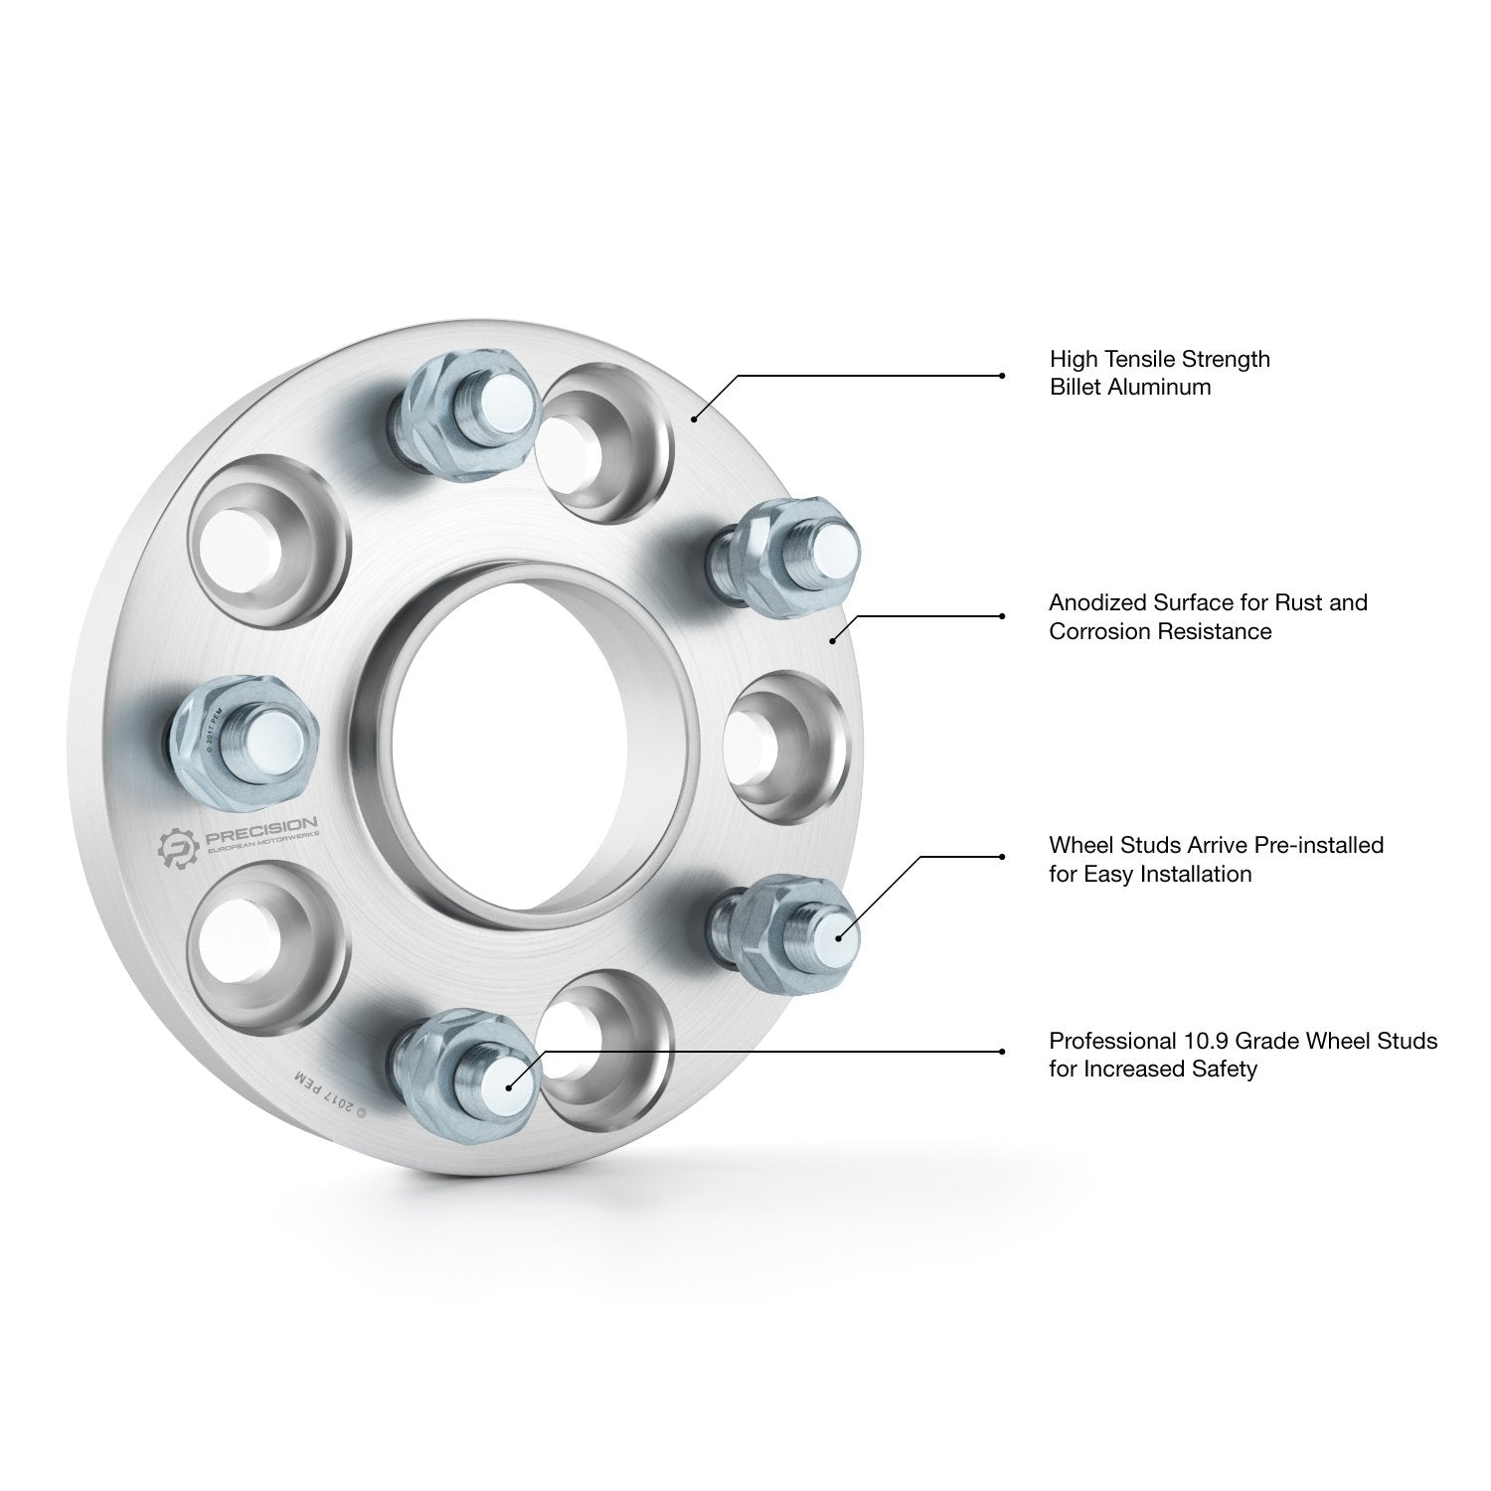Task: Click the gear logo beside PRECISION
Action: coord(179,846)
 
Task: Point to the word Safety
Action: coord(1223,1070)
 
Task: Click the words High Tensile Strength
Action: coord(1160,358)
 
